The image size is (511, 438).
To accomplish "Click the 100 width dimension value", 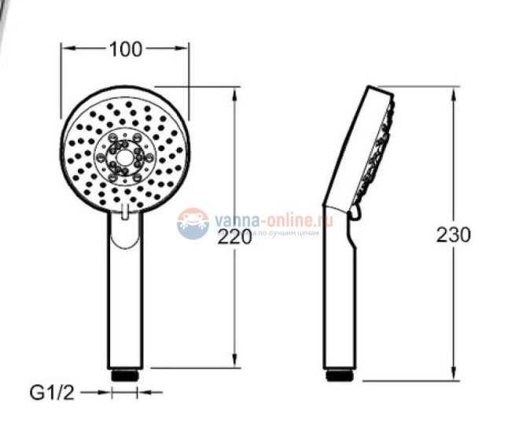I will (126, 49).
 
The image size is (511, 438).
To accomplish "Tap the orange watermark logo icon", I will (193, 223).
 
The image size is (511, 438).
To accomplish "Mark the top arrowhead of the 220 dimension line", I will (235, 93).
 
